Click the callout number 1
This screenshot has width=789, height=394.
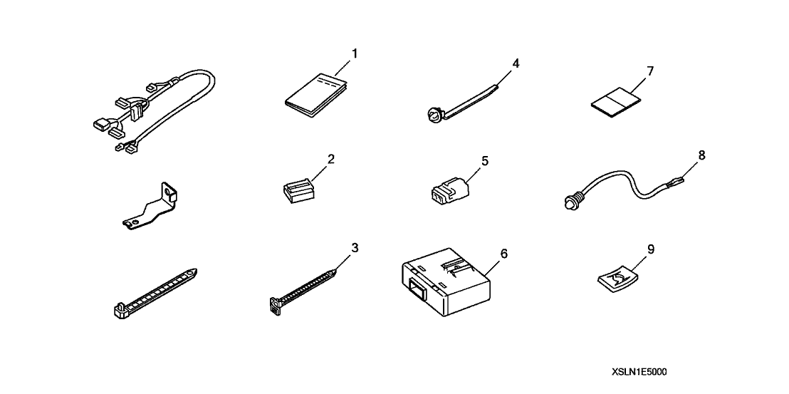coord(354,53)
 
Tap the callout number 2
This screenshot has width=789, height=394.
coord(330,160)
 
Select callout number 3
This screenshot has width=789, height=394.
coord(355,247)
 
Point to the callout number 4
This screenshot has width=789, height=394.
coord(516,63)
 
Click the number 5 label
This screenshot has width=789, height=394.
coord(484,161)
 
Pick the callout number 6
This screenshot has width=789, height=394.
coord(504,253)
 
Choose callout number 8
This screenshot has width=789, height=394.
coord(702,155)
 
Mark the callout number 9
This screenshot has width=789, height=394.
coord(651,249)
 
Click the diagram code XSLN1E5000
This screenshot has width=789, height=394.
coord(639,373)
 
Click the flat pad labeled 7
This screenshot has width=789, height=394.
coord(615,103)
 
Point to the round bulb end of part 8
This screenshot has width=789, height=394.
coord(570,202)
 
